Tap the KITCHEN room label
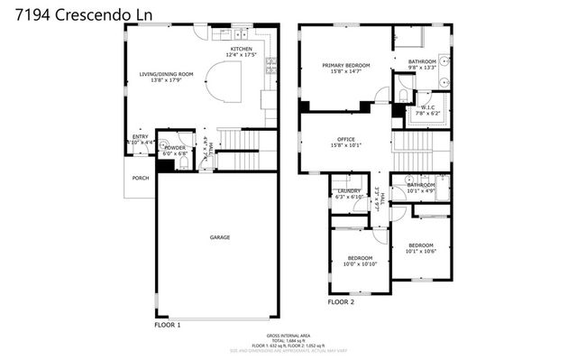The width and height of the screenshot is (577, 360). (241, 49)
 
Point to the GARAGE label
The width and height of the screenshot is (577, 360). (220, 237)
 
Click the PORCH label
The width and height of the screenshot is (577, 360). (141, 178)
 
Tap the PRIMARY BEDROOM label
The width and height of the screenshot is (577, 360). (347, 66)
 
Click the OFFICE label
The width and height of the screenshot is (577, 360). (346, 138)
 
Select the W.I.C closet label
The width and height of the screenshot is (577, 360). (428, 107)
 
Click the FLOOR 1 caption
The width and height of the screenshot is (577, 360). (168, 324)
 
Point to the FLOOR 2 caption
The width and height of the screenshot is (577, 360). (341, 301)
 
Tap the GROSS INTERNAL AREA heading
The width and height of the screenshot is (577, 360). (288, 334)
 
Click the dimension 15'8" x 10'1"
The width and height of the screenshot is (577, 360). (346, 145)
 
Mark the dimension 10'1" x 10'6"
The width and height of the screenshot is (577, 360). (420, 252)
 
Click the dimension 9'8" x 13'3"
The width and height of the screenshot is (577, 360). (422, 68)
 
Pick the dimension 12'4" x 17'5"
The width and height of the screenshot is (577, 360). (241, 55)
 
